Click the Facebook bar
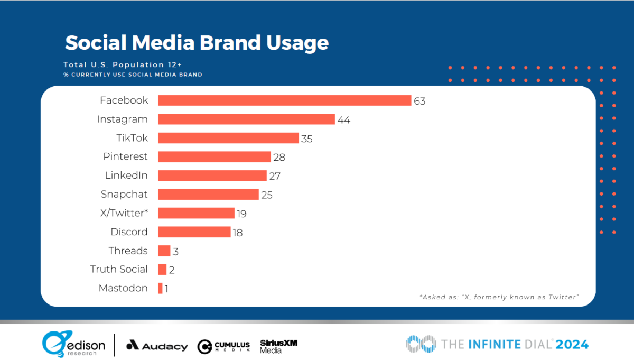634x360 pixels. [x=284, y=100]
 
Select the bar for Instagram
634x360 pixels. [x=246, y=119]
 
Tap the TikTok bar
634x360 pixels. [x=228, y=138]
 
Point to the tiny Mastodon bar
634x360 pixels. [x=160, y=288]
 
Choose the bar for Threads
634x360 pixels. [x=164, y=251]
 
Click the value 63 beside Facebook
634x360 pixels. [x=419, y=101]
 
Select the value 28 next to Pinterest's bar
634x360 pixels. [x=279, y=157]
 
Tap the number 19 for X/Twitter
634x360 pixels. [x=241, y=214]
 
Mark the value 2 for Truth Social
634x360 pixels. [x=172, y=270]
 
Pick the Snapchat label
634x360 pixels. [x=124, y=195]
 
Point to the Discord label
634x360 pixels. [x=129, y=232]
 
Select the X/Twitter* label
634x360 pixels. [x=125, y=213]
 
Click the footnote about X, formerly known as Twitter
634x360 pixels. [x=499, y=297]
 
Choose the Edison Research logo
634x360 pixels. [x=74, y=345]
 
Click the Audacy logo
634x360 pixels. [x=157, y=346]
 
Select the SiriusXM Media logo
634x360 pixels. [x=278, y=346]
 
